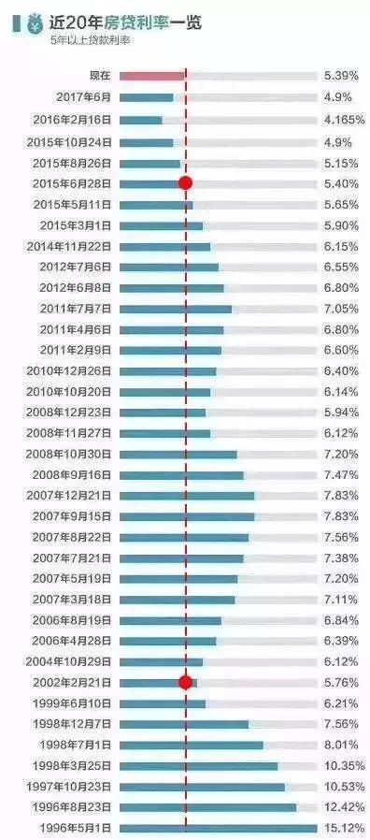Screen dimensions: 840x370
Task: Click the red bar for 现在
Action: pos(152,74)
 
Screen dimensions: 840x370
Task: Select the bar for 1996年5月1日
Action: pos(218,828)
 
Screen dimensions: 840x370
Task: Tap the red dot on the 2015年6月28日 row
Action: pos(185,183)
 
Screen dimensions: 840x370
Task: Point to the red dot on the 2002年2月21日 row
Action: pos(185,682)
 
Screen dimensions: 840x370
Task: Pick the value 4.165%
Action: pos(343,121)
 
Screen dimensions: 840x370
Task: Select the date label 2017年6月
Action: pos(83,97)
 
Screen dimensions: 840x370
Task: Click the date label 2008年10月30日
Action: pos(72,454)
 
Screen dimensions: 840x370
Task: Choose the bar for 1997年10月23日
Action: pos(202,787)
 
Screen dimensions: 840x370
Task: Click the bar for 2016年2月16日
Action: pos(141,121)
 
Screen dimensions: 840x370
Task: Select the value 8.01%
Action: pos(340,745)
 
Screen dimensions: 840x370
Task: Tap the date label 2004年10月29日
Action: pos(72,661)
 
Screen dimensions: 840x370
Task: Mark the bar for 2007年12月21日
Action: pos(187,496)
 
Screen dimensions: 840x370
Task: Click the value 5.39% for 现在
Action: pos(340,74)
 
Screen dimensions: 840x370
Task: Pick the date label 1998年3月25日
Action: pos(76,765)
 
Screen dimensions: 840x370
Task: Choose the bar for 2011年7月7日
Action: pos(176,309)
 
